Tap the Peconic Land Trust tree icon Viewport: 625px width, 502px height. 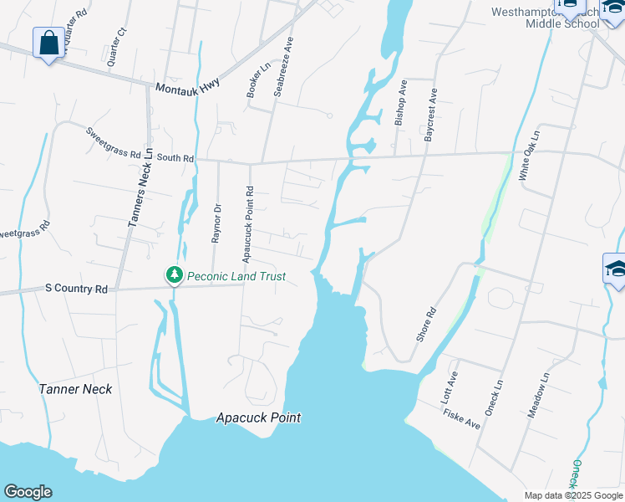[x=174, y=275]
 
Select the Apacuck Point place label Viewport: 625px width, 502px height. [x=258, y=417]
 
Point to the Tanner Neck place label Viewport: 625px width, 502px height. [x=75, y=389]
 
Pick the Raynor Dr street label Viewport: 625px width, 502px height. [x=216, y=223]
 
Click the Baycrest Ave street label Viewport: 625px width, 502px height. [x=431, y=115]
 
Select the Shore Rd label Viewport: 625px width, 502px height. [x=426, y=324]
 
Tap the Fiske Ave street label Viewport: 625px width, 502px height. [x=462, y=417]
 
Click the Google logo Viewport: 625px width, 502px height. [x=28, y=492]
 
